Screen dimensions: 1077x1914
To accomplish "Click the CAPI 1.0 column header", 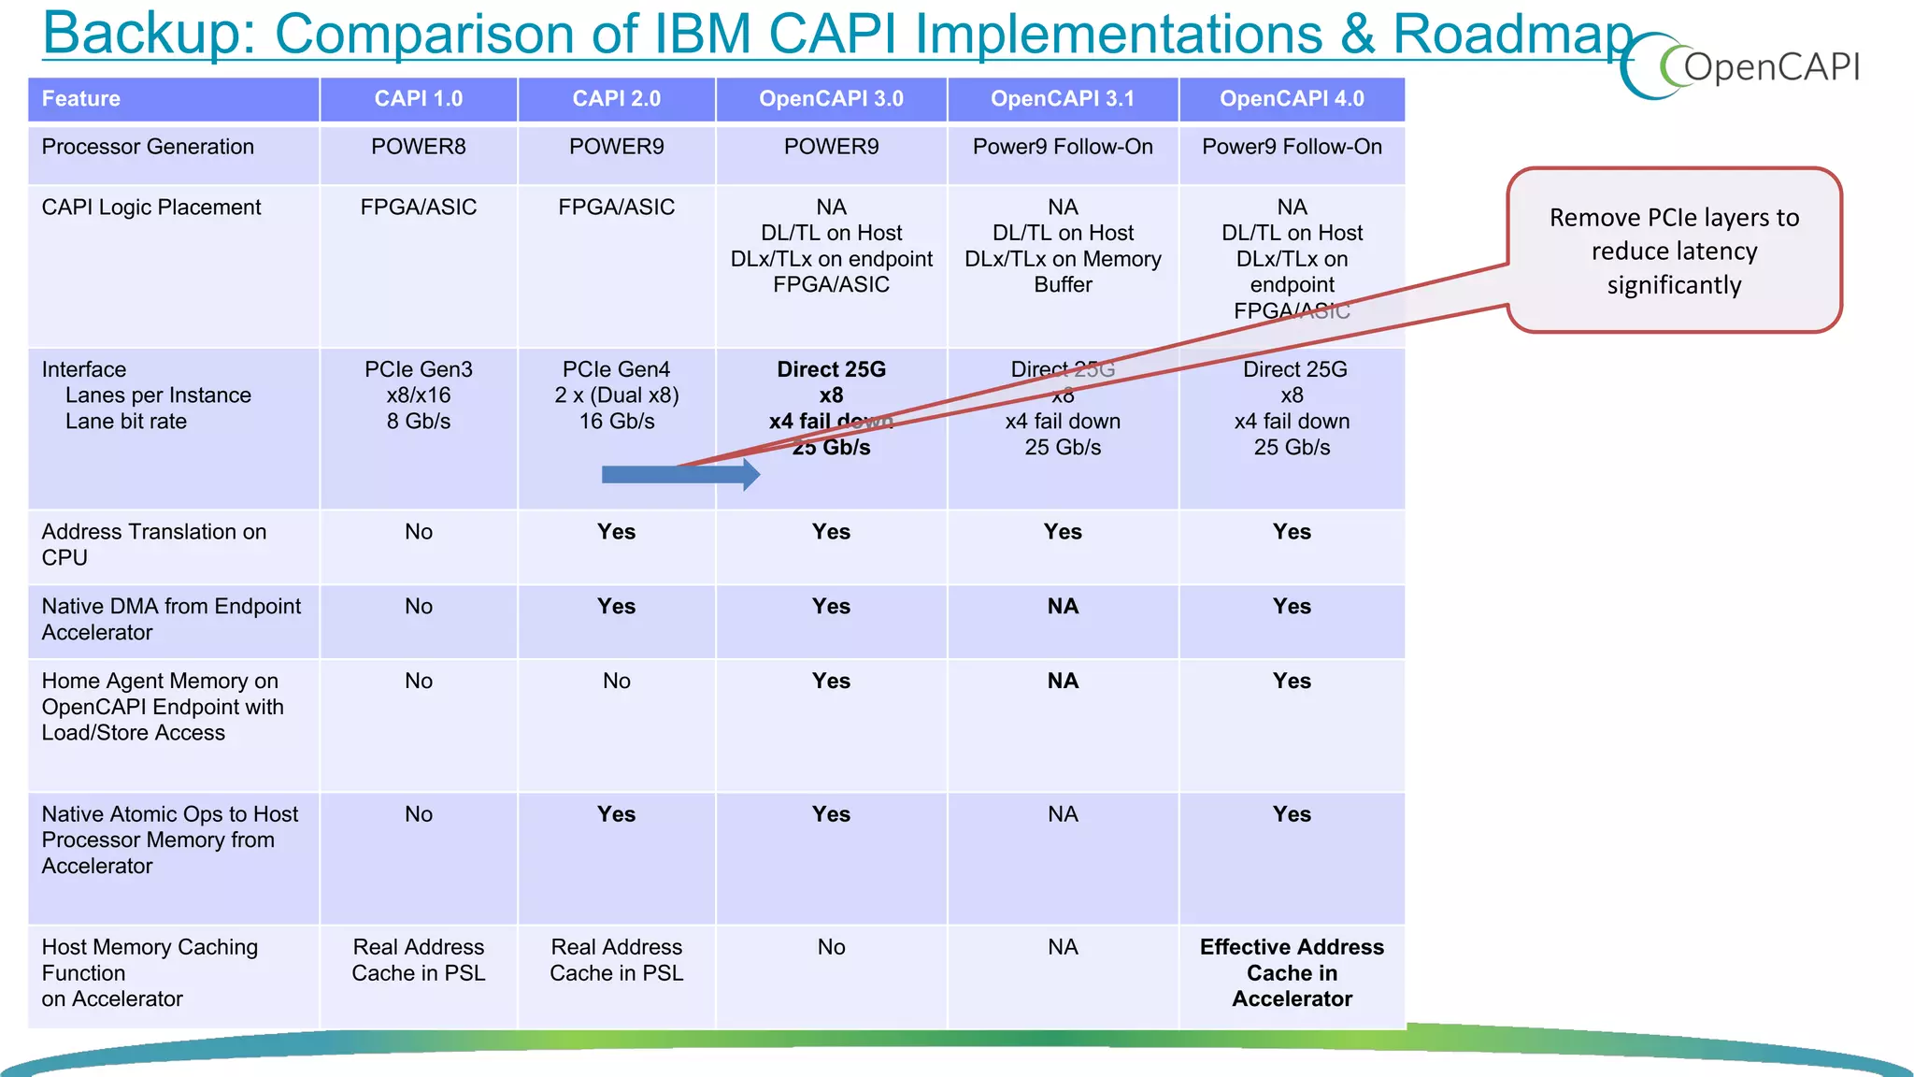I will [x=418, y=99].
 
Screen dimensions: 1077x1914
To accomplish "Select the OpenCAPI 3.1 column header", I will [x=1062, y=99].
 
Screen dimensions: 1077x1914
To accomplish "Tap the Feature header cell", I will [x=81, y=99].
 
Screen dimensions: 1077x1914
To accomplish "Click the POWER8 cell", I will [x=418, y=147].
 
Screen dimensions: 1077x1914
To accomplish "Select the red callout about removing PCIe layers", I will [x=1674, y=251].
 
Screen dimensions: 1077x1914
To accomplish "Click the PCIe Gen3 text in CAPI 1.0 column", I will [x=418, y=369].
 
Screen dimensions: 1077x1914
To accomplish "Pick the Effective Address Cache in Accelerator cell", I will [x=1292, y=973].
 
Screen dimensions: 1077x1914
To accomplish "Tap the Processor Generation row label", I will [x=148, y=147].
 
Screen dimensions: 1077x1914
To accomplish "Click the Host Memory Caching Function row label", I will [x=150, y=973].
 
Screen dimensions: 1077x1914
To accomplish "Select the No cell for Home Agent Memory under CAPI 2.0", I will [x=616, y=682].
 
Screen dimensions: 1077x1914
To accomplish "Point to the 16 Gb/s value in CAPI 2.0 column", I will [x=616, y=422].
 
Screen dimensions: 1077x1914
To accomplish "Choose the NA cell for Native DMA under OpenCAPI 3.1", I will [x=1063, y=607].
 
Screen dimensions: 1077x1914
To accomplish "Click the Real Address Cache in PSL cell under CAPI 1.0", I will [x=418, y=960].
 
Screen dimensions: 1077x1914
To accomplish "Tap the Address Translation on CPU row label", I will [x=154, y=544].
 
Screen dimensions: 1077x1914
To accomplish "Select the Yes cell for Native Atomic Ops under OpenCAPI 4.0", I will [x=1292, y=814].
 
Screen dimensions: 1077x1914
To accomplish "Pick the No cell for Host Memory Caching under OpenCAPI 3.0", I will [x=831, y=947].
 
